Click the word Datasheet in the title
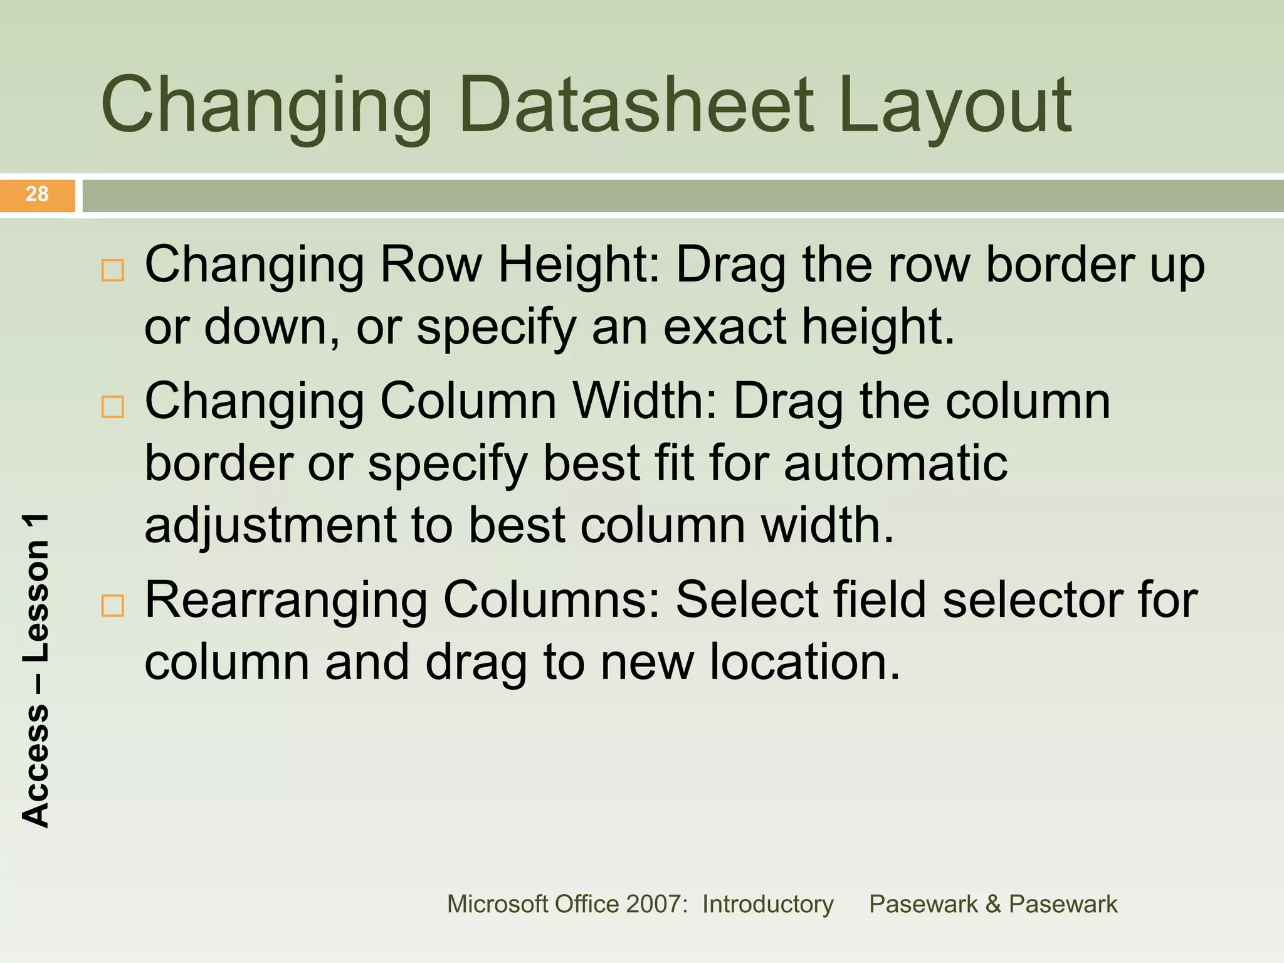tap(636, 105)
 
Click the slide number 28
tap(37, 194)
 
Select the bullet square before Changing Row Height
tap(113, 270)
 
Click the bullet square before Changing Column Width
tap(113, 407)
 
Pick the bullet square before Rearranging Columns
tap(113, 606)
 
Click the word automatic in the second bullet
tap(895, 464)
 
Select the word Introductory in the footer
tap(767, 904)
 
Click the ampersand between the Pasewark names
tap(992, 904)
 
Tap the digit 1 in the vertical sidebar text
tap(36, 528)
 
